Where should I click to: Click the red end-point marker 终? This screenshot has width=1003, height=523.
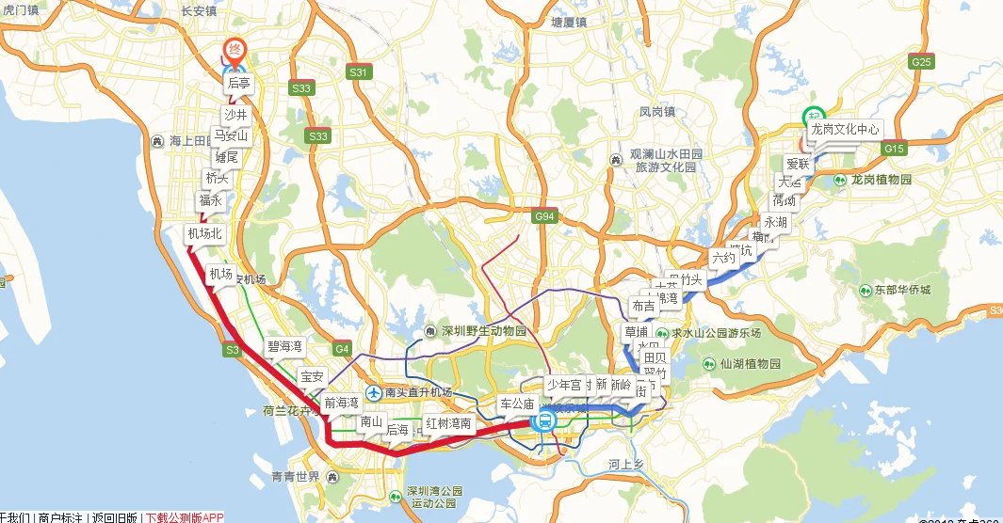click(x=235, y=49)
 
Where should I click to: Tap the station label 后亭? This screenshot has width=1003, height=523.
click(x=239, y=84)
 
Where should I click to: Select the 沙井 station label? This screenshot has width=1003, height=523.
click(x=235, y=115)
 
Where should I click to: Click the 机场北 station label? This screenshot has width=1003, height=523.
click(x=204, y=233)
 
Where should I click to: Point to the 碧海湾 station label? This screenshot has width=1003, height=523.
click(x=284, y=347)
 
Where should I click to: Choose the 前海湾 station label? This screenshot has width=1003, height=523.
click(x=341, y=403)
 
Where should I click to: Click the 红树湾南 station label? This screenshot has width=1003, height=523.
click(x=448, y=423)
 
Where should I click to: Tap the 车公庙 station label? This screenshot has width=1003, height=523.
click(x=516, y=404)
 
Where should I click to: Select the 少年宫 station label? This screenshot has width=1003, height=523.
click(x=564, y=385)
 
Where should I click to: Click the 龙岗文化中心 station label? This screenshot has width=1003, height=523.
click(x=845, y=129)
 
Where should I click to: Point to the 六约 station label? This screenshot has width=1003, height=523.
click(x=722, y=257)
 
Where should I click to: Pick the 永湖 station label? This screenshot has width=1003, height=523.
click(x=775, y=223)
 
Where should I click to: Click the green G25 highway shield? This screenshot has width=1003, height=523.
click(x=921, y=62)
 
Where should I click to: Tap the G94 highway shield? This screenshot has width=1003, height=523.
click(x=544, y=217)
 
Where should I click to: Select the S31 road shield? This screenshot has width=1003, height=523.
click(x=359, y=71)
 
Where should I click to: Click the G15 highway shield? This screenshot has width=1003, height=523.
click(x=894, y=149)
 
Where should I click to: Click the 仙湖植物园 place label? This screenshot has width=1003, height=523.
click(x=742, y=364)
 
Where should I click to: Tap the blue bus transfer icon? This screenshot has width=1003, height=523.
click(x=543, y=423)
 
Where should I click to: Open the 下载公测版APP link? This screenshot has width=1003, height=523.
click(x=184, y=517)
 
